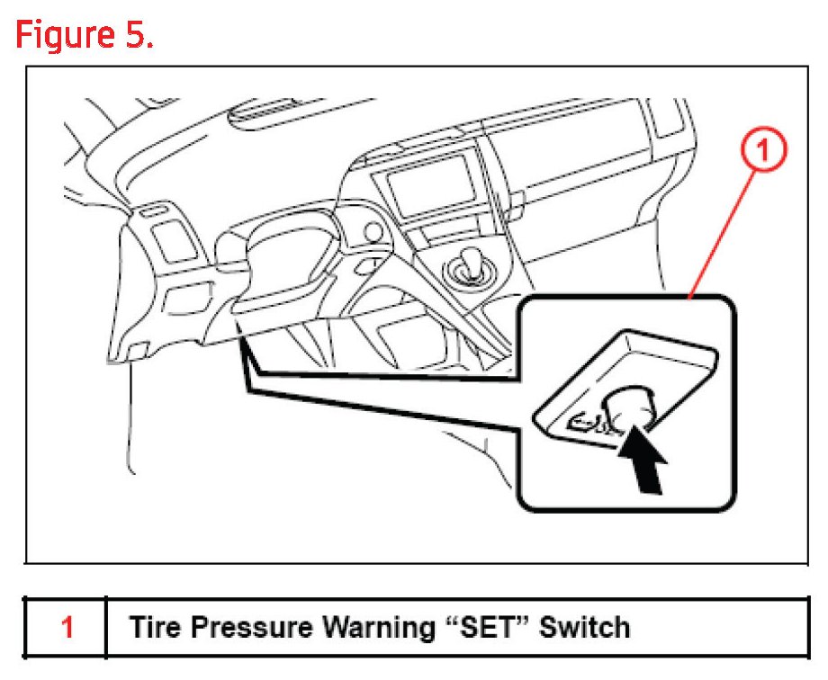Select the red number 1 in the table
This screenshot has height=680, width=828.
[x=67, y=626]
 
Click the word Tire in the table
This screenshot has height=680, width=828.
[x=154, y=626]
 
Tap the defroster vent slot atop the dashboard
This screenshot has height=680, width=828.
[x=261, y=115]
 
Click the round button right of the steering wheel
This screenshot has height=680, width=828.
[x=370, y=232]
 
